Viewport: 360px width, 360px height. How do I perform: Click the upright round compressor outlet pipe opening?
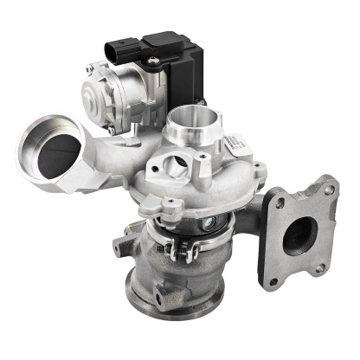point(191,117)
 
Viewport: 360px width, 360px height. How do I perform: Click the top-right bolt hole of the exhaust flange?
point(328,185)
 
